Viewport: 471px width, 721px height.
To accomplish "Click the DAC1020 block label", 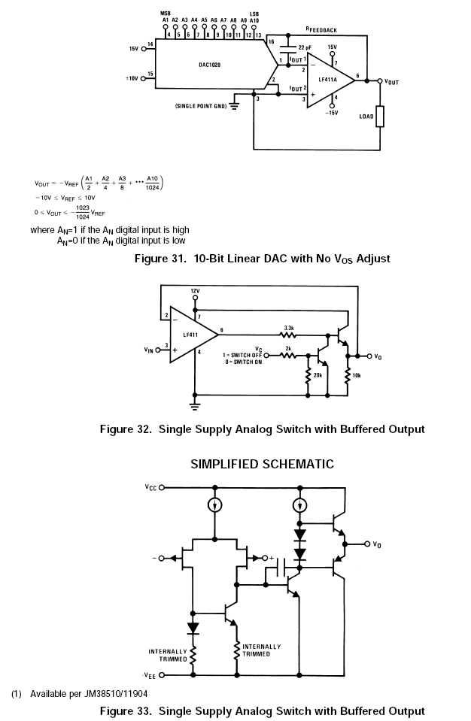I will [x=209, y=65].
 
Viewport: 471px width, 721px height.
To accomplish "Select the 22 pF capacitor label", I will [x=305, y=47].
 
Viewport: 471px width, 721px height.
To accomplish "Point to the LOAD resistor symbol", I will [x=381, y=116].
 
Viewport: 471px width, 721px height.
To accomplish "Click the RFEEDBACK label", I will [x=321, y=29].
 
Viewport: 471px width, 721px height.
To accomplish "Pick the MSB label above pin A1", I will [x=166, y=13].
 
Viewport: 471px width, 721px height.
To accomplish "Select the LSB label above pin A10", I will [x=254, y=13].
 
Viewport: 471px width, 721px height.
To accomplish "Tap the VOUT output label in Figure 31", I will [x=391, y=82].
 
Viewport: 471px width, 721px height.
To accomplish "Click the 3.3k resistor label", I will [x=289, y=327].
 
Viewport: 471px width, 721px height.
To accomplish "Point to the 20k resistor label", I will [x=318, y=374].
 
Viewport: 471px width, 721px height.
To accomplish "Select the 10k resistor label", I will [x=357, y=374].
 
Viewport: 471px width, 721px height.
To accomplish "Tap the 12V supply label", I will [x=195, y=290].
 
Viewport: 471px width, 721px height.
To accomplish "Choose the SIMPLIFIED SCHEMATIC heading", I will [x=262, y=464].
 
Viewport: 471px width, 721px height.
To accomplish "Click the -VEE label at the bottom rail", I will [x=150, y=674].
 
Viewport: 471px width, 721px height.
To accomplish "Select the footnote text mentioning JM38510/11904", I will [x=87, y=692].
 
